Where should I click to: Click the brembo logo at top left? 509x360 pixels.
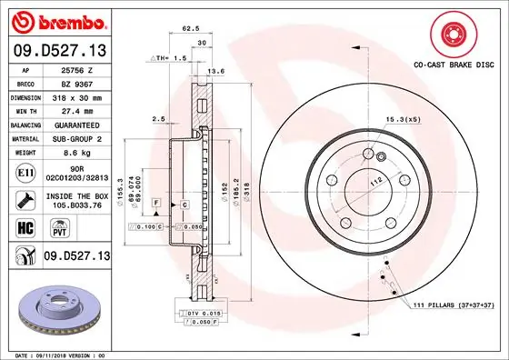tap(55, 20)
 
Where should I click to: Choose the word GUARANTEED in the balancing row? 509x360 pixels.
tap(76, 125)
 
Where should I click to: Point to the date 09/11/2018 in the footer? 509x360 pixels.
tap(59, 354)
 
